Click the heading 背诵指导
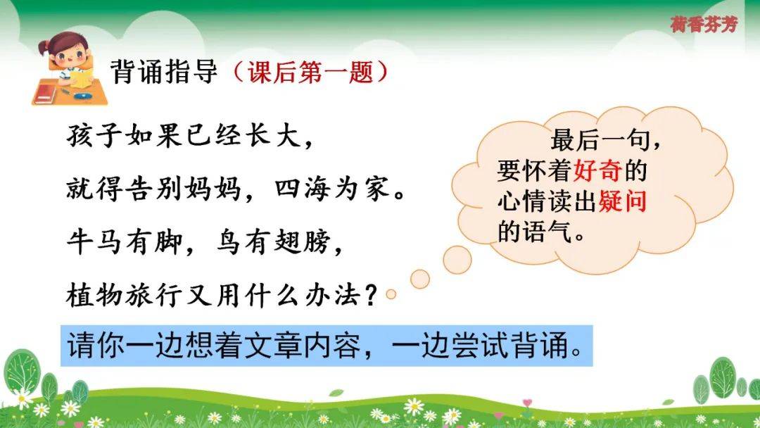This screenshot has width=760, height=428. point(164,72)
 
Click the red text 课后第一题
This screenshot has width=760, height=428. point(310,73)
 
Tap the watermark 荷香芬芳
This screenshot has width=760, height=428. point(704,23)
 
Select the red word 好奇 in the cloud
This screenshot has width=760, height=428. point(598,170)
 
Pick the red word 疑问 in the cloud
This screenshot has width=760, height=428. point(623,201)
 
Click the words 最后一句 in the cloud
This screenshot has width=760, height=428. point(600,140)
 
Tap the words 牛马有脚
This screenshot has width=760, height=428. point(125,241)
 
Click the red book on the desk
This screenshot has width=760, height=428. point(44,93)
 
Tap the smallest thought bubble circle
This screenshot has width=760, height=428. point(391,294)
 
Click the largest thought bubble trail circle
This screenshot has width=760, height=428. point(457,260)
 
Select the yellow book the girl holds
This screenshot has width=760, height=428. point(82,77)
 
